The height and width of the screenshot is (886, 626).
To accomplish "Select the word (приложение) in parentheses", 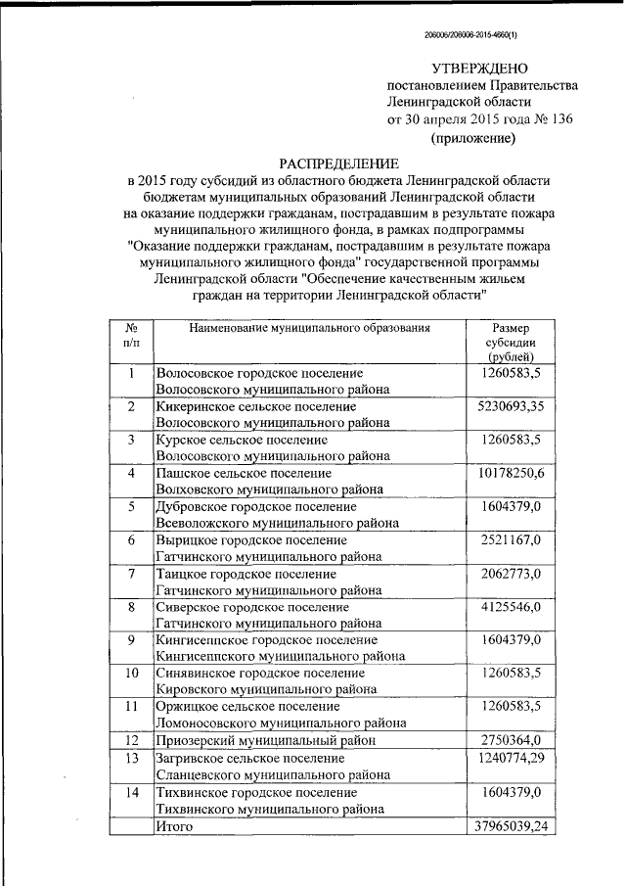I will point(473,138).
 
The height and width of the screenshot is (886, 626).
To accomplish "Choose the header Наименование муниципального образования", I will point(310,329).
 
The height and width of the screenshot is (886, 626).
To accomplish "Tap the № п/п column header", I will point(131,337).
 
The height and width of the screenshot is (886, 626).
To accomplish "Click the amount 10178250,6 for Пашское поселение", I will point(512,473).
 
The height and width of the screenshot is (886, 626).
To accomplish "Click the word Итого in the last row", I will point(175,826).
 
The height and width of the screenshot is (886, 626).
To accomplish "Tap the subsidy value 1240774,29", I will point(512,759).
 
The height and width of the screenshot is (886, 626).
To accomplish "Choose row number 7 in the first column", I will point(131,574).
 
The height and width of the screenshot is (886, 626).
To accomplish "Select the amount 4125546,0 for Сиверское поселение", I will point(512,607).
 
